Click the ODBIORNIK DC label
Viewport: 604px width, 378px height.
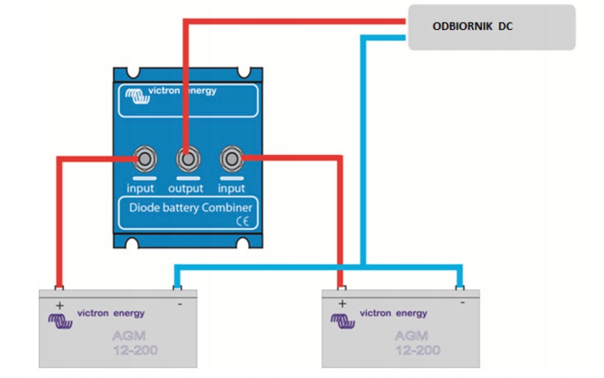[x=473, y=27]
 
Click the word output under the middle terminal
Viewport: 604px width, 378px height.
[x=185, y=188]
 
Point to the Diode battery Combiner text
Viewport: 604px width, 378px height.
[x=186, y=207]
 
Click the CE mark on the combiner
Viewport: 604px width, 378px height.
[x=243, y=222]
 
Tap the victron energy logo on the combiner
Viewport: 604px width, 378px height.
[x=167, y=92]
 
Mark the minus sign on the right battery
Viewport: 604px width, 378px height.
[x=462, y=303]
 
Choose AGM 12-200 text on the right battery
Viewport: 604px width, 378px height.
[x=417, y=343]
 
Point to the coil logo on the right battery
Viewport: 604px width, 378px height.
[x=342, y=321]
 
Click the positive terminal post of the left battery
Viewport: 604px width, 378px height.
[x=58, y=288]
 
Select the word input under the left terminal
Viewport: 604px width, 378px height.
[x=141, y=188]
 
